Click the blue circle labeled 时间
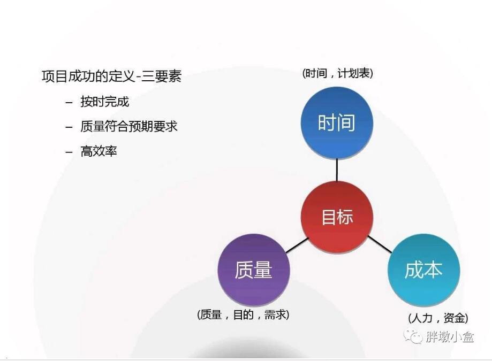[x=337, y=123]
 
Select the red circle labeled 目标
[x=337, y=217]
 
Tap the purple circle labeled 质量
[x=254, y=270]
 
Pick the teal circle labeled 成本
[x=424, y=270]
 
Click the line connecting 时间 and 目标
[x=337, y=170]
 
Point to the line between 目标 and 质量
[x=297, y=245]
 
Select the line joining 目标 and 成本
[x=380, y=244]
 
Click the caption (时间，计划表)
[x=338, y=73]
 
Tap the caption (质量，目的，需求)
[x=243, y=314]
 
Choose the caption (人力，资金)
[x=438, y=318]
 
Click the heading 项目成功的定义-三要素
[x=112, y=76]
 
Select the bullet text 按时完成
[x=105, y=102]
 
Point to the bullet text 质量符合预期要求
[x=129, y=126]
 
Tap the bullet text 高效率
[x=99, y=151]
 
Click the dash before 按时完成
[x=69, y=102]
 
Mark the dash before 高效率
[x=69, y=152]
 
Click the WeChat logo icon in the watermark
[x=412, y=336]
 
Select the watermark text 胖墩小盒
[x=449, y=336]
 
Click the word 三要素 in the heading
[x=162, y=76]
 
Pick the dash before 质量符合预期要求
[x=69, y=127]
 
